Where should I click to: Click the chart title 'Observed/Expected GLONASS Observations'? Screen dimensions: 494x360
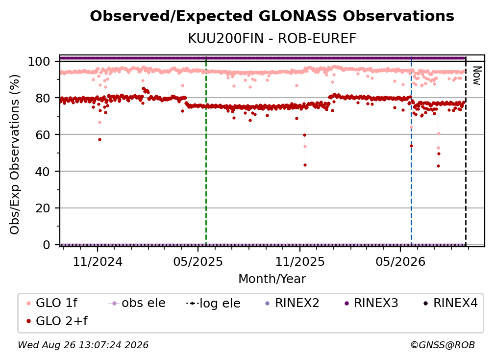[x=272, y=16]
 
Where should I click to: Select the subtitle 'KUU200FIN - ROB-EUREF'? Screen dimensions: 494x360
[x=272, y=39]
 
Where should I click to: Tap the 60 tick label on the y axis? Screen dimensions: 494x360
[x=43, y=135]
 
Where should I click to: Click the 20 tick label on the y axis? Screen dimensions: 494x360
[x=43, y=208]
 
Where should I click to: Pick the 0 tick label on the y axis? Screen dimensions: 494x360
[x=46, y=245]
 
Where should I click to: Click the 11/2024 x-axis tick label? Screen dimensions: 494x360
[x=98, y=261]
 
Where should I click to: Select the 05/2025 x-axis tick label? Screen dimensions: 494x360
[x=198, y=261]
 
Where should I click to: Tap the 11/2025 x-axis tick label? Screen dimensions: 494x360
[x=299, y=261]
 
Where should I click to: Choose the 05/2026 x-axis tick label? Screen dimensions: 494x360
[x=400, y=261]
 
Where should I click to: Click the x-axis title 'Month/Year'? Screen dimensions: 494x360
[x=272, y=279]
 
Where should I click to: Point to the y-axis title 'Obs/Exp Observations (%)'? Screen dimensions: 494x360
[x=15, y=154]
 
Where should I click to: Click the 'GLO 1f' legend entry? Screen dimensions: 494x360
[x=51, y=303]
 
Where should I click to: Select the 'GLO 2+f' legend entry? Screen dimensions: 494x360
[x=57, y=321]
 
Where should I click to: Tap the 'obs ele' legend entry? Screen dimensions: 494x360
[x=136, y=303]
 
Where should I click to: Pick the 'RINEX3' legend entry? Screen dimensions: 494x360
[x=371, y=303]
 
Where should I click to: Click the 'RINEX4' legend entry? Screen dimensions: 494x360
[x=450, y=303]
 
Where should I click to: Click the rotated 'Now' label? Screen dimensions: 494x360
[x=477, y=76]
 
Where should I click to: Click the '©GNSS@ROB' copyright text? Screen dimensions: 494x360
[x=443, y=345]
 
